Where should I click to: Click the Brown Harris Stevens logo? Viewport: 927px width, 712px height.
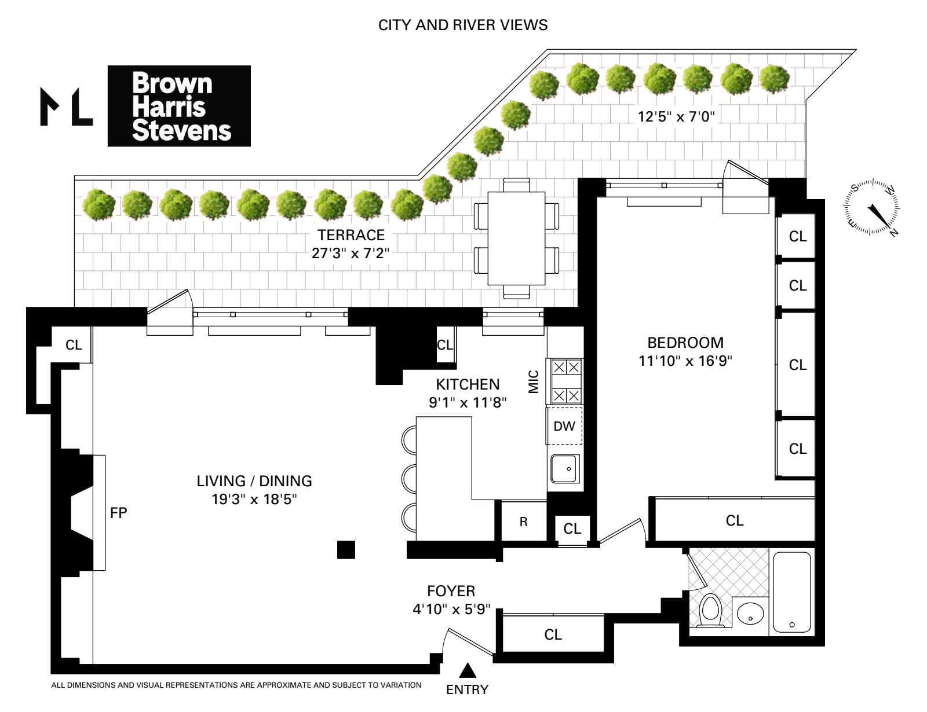pos(179,106)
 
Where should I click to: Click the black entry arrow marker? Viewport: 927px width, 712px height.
pos(468,670)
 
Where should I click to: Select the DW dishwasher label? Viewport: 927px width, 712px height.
pos(564,426)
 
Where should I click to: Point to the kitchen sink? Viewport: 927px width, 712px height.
pos(565,469)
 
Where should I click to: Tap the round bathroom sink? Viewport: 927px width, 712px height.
pos(750,613)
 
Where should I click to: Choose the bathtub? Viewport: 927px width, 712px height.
pos(792,592)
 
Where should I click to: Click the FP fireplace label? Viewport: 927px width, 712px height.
pos(119,513)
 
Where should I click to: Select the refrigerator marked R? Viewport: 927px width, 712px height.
pos(524,522)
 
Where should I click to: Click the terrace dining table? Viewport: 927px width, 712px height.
pos(516,238)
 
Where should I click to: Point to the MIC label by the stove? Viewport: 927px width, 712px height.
pos(533,382)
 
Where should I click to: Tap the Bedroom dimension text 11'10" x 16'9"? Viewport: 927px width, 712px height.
pos(685,361)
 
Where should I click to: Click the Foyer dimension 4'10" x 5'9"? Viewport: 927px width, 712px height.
pos(451,610)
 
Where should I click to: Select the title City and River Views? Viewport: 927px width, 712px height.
pos(463,25)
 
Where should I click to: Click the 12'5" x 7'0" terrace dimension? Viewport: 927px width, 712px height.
pos(676,116)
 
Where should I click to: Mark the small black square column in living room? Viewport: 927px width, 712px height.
pos(346,550)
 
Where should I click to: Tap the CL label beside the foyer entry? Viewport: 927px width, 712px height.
pos(553,635)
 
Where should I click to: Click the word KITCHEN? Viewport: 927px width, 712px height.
pos(468,384)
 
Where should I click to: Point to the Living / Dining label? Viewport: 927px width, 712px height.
pos(254,481)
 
